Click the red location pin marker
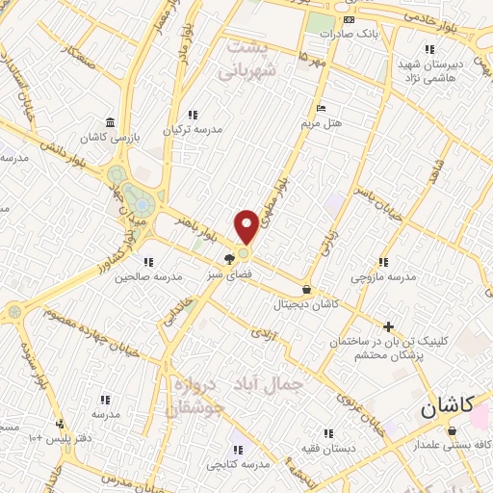pyautogui.click(x=246, y=226)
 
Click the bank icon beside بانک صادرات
pyautogui.click(x=349, y=19)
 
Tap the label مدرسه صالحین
pyautogui.click(x=148, y=276)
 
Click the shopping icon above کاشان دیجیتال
pyautogui.click(x=306, y=289)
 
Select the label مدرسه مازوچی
pyautogui.click(x=383, y=276)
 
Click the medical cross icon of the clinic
pyautogui.click(x=388, y=327)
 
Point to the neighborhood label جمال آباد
pyautogui.click(x=275, y=383)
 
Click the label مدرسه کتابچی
pyautogui.click(x=237, y=464)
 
